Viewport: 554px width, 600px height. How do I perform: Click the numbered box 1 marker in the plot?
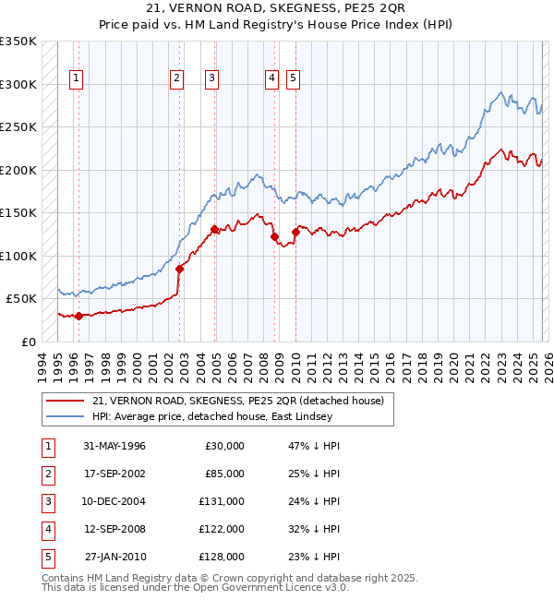click(75, 79)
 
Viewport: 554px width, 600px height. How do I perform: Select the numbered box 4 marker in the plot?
click(272, 79)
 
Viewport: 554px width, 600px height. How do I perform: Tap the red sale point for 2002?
click(179, 269)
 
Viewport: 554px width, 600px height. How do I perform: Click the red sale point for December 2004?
click(215, 229)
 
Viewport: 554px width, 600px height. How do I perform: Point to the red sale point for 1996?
click(78, 316)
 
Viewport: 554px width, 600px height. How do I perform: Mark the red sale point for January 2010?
click(295, 232)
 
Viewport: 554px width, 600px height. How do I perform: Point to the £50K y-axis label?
click(22, 299)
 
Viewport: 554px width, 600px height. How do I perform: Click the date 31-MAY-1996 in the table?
click(114, 446)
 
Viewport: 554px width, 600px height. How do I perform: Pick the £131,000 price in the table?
click(221, 501)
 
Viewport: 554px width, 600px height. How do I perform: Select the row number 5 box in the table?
click(46, 557)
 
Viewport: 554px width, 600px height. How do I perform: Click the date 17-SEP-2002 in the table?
click(114, 474)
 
